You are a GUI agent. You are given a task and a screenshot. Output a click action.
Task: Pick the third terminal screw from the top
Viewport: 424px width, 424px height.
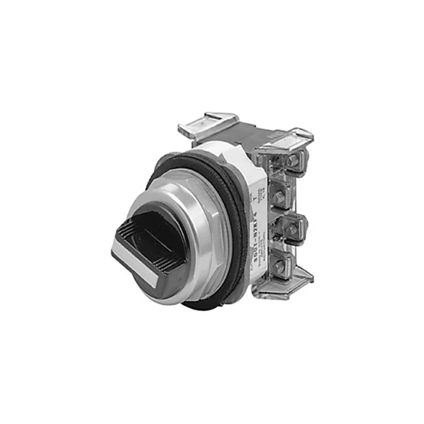point(285,230)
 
